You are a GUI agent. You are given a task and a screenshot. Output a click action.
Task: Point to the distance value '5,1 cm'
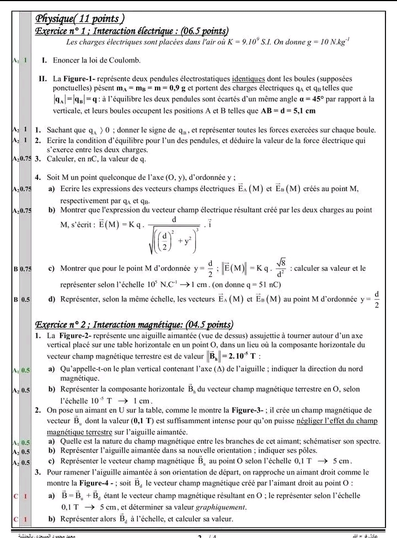(x=303, y=110)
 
